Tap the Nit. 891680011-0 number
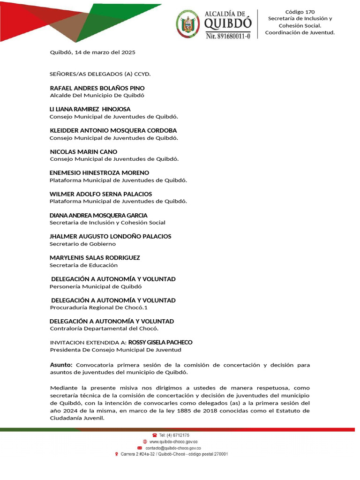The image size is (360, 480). click(x=228, y=35)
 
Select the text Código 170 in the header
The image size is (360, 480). click(x=300, y=12)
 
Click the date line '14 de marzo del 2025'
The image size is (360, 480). click(x=92, y=52)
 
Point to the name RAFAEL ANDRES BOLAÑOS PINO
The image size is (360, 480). click(x=97, y=88)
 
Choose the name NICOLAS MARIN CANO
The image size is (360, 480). click(x=83, y=152)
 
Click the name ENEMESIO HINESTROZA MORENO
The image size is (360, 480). click(x=99, y=173)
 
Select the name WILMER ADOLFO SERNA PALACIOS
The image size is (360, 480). click(x=101, y=194)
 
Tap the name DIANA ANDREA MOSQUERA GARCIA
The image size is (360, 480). click(x=98, y=216)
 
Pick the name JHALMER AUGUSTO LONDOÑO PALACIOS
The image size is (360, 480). click(x=111, y=237)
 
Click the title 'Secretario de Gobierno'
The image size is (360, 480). click(x=82, y=244)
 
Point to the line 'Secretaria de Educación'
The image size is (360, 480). click(x=83, y=265)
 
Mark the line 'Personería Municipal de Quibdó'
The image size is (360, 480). click(x=96, y=286)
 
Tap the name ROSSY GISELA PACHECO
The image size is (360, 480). click(x=160, y=342)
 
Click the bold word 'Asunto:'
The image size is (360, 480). click(x=61, y=365)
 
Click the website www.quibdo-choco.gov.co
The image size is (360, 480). click(x=173, y=442)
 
